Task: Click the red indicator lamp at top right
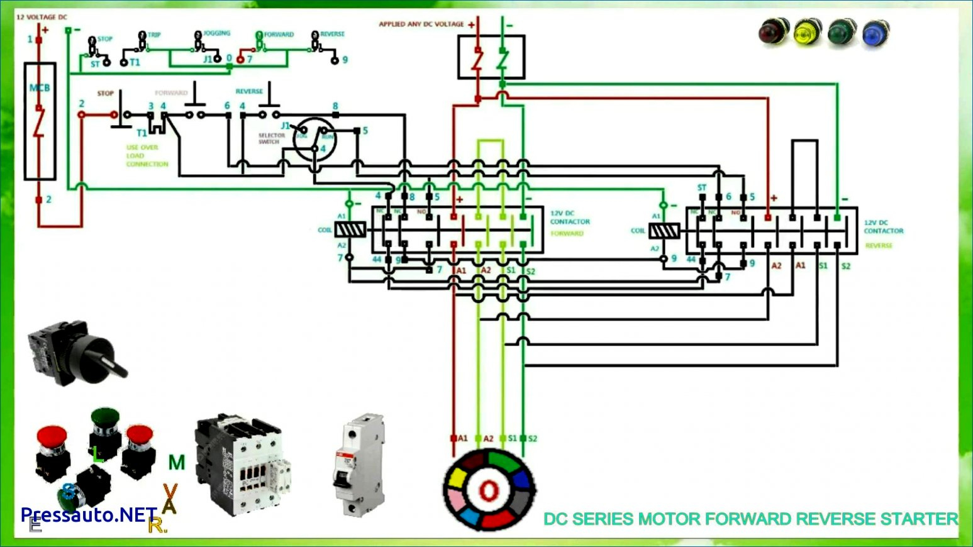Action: click(x=773, y=31)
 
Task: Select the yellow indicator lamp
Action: click(x=808, y=32)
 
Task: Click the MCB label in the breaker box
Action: click(x=40, y=88)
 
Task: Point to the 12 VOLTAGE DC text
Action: click(x=42, y=17)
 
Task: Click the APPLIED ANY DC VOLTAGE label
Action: click(x=421, y=25)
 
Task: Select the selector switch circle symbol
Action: click(x=314, y=140)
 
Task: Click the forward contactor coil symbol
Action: click(x=350, y=230)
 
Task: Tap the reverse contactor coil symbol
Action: click(x=664, y=231)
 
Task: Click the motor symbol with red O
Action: click(x=489, y=490)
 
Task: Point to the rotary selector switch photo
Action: click(x=75, y=352)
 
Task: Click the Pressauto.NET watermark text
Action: click(x=89, y=515)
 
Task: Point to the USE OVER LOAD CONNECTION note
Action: click(x=147, y=156)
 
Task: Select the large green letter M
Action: click(x=177, y=463)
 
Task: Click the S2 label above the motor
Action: click(x=532, y=439)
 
